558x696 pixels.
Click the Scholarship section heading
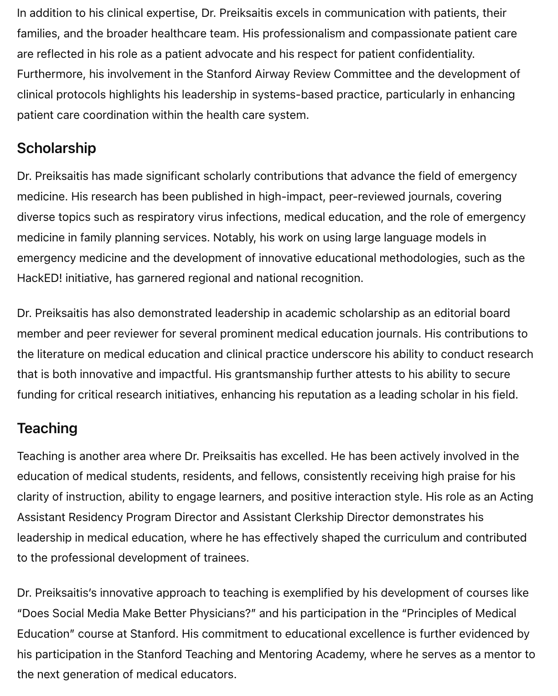click(x=57, y=148)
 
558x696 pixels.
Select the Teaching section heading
click(x=47, y=428)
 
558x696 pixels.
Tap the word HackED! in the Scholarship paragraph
click(x=39, y=278)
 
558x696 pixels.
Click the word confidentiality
click(x=436, y=54)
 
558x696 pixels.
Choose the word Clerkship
click(x=319, y=517)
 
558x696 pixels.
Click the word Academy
click(x=341, y=654)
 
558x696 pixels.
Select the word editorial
click(x=455, y=313)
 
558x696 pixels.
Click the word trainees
click(x=226, y=558)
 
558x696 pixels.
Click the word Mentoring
click(x=285, y=654)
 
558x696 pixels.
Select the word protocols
click(x=81, y=94)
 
